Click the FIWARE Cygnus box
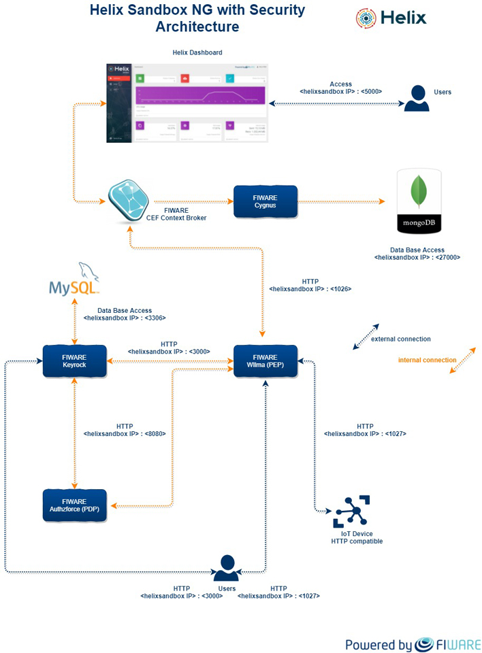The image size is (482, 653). tap(266, 201)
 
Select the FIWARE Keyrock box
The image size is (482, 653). tap(74, 361)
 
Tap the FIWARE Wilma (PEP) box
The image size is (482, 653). tap(266, 361)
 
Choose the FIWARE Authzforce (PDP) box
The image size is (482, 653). tap(74, 505)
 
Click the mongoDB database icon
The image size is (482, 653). tap(419, 203)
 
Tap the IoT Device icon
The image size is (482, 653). tap(351, 512)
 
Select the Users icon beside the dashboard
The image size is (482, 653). tap(417, 98)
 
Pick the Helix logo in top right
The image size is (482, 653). tap(391, 18)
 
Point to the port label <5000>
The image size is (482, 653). tap(371, 91)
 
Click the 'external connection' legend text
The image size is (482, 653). tap(400, 339)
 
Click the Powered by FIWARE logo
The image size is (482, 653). tap(413, 644)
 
